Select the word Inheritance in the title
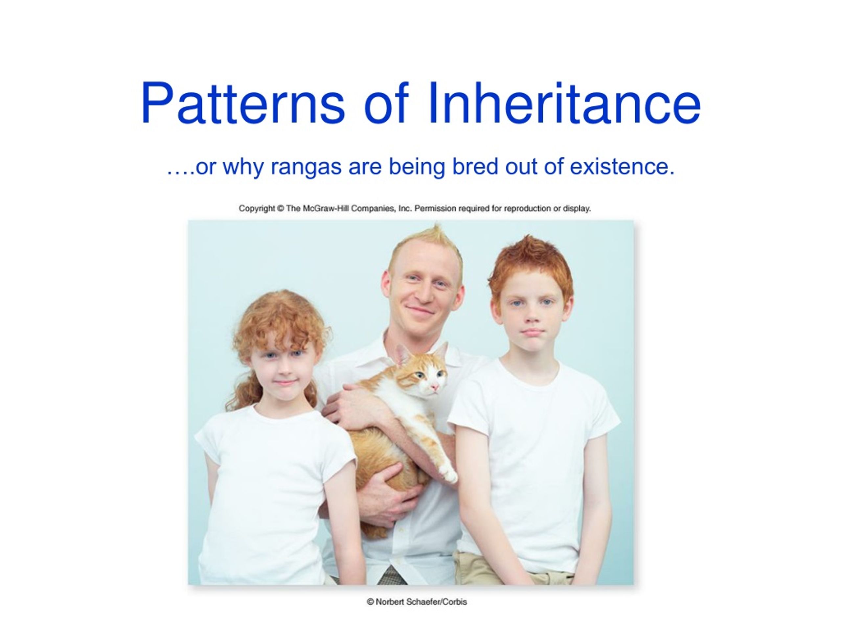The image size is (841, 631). [x=564, y=104]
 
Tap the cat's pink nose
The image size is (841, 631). [x=434, y=387]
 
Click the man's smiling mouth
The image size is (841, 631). [x=420, y=310]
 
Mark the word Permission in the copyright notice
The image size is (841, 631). [x=435, y=208]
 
